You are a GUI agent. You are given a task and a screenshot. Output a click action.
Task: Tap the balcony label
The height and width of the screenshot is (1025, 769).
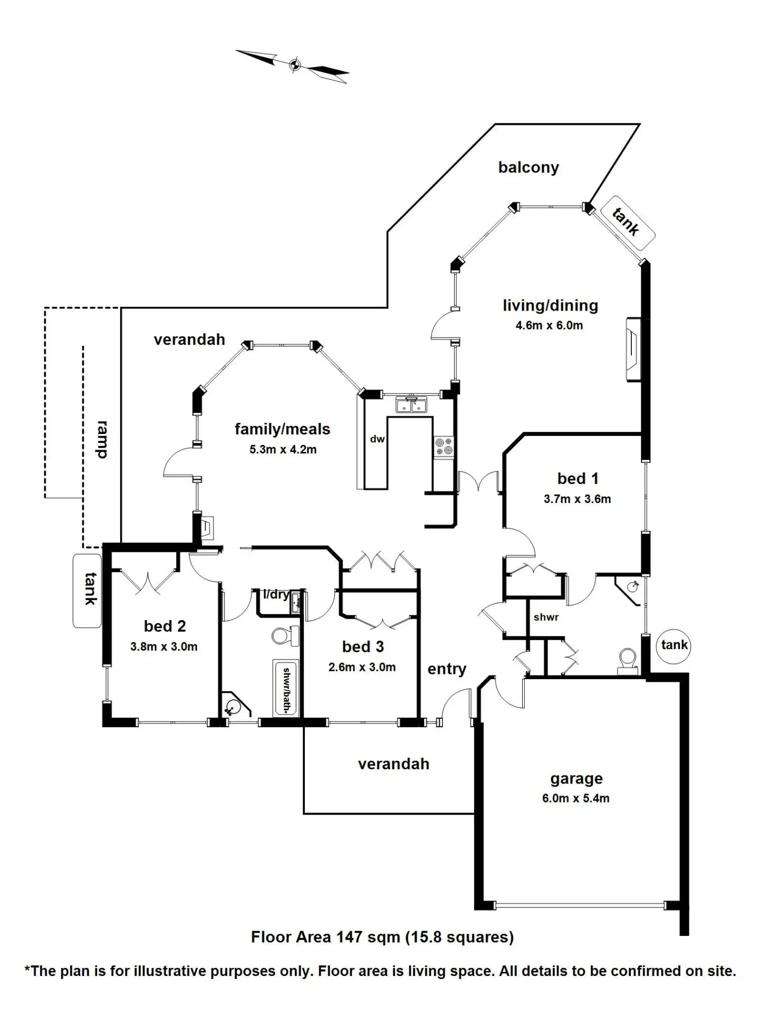[528, 167]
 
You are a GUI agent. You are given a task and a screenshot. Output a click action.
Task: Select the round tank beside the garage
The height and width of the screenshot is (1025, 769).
[674, 645]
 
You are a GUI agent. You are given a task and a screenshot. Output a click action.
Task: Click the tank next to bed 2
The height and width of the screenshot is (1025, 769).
[87, 590]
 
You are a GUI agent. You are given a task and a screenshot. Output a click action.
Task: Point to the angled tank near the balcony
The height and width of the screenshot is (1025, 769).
[627, 222]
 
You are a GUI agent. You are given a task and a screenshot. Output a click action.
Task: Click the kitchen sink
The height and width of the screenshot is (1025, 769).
[411, 405]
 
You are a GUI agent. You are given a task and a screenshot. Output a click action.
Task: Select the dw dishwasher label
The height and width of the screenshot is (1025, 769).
[377, 438]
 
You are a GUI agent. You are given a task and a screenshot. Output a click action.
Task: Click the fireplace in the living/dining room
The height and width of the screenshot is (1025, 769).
[633, 349]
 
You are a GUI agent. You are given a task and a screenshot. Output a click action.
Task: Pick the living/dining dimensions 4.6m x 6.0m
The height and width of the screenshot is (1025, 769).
[549, 325]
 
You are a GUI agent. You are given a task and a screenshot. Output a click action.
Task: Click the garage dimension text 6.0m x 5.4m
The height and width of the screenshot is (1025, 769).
[575, 798]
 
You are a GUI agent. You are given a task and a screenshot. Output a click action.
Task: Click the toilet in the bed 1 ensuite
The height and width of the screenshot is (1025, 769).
[627, 661]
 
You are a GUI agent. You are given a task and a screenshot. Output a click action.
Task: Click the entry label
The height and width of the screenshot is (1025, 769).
[446, 669]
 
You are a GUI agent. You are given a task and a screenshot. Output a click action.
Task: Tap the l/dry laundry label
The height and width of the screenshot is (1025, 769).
[276, 595]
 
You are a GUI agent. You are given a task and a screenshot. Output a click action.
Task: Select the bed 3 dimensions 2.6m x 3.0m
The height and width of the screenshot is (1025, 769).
[362, 667]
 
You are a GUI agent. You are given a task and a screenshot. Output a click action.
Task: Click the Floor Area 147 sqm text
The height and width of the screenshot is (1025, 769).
[382, 937]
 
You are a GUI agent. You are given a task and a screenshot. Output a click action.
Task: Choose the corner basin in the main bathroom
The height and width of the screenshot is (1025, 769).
[233, 705]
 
